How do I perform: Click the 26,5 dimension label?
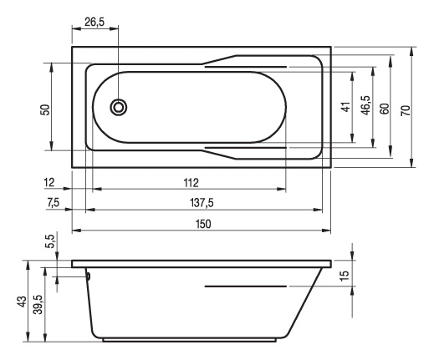[94, 22]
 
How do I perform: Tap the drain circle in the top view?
[119, 107]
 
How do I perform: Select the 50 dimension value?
[45, 109]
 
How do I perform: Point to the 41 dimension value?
[346, 107]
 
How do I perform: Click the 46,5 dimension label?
[365, 105]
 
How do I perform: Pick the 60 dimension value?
[385, 109]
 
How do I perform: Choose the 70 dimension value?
[406, 110]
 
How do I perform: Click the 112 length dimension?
[191, 183]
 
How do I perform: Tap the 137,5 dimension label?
[202, 203]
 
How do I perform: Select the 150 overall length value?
[203, 224]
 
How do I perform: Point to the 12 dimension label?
[49, 183]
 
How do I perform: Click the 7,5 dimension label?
[53, 203]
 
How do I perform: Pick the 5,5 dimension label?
[49, 241]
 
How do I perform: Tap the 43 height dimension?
[22, 302]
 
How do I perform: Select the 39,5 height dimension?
[38, 305]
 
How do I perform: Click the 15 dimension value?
[345, 276]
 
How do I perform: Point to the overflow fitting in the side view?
[89, 276]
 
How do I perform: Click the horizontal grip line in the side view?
[246, 286]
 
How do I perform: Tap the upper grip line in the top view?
[246, 67]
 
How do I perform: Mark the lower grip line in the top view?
[246, 148]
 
